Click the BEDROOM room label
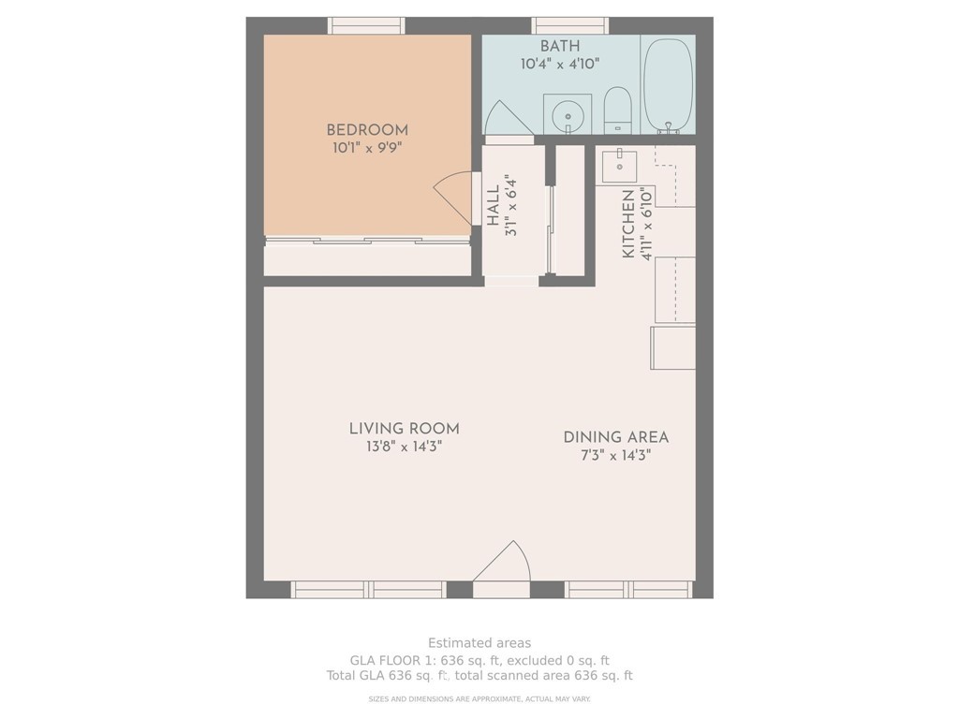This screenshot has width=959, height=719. point(367,129)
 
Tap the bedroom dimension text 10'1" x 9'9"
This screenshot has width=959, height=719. point(367,147)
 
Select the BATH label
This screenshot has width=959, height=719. point(560,46)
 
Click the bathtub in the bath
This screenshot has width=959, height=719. point(669,85)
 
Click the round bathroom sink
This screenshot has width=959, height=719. point(568,114)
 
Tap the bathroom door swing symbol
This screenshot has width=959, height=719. point(509,118)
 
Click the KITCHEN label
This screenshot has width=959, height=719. point(628,224)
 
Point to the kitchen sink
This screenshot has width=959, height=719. point(620,166)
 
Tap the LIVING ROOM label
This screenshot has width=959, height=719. point(405,429)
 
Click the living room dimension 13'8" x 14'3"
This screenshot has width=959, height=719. point(405,447)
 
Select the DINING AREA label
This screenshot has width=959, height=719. point(616,437)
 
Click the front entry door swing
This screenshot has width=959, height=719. point(502,561)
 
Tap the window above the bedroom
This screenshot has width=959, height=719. point(366,25)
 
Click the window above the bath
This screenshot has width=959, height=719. point(570,25)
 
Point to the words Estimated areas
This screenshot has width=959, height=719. point(479,642)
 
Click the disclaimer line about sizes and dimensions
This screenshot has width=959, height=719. point(479,698)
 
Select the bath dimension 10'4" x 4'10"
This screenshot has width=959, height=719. point(560,64)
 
